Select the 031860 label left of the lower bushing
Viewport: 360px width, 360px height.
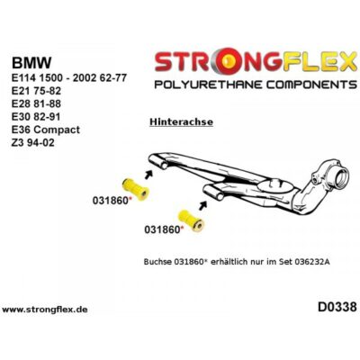click(x=163, y=230)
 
